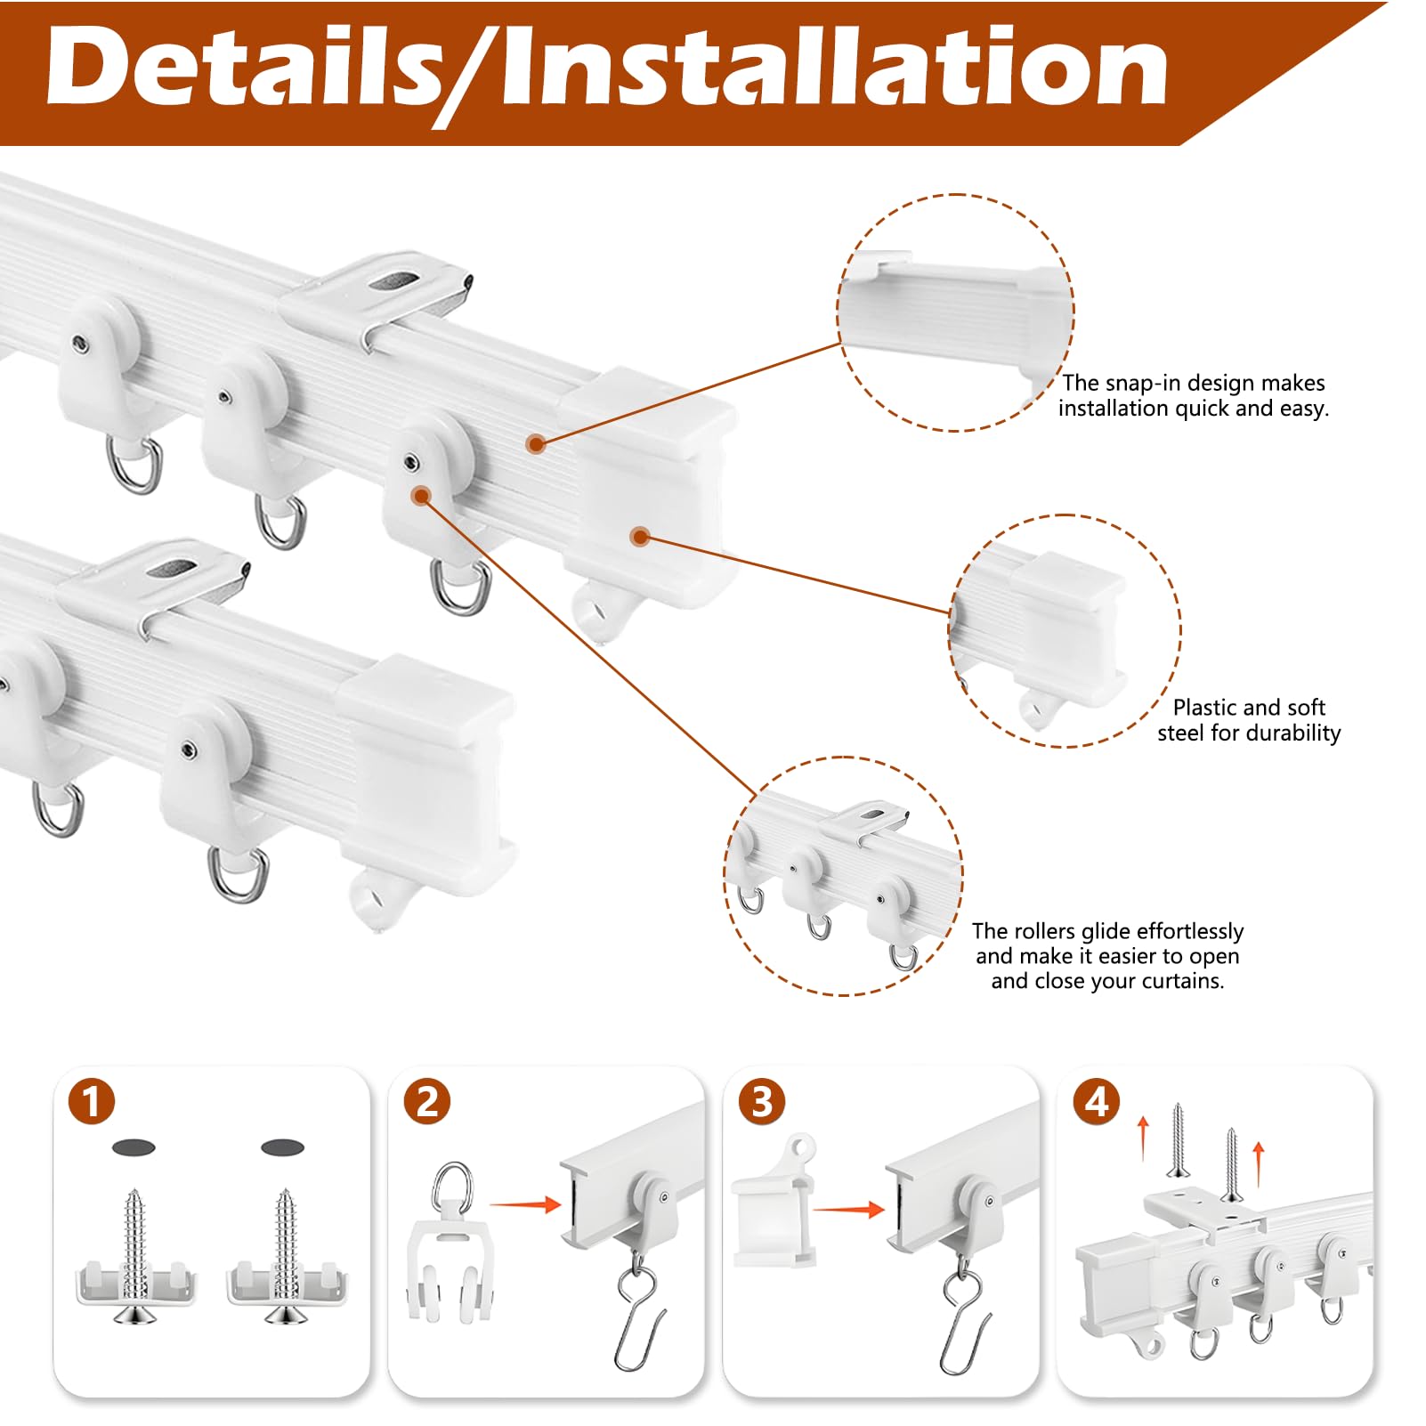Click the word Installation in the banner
834,66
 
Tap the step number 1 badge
92,1101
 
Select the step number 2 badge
427,1101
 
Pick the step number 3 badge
762,1101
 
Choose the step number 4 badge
1097,1101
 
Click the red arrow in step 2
525,1205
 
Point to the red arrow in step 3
849,1210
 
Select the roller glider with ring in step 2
451,1242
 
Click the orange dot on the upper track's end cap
639,536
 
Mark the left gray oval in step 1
134,1147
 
